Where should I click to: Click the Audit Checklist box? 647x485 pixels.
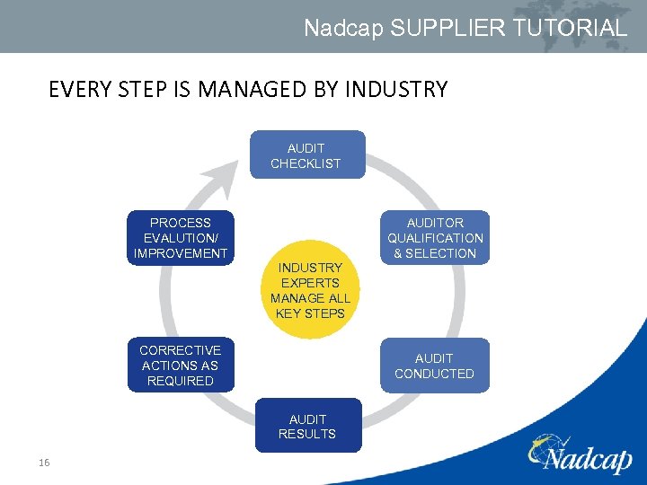pos(306,155)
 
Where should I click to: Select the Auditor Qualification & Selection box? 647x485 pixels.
pos(435,238)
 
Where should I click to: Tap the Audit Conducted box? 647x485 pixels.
pos(434,366)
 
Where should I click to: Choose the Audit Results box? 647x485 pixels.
pos(307,427)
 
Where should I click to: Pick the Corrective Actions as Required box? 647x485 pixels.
pos(181,366)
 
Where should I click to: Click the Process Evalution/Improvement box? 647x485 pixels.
pos(181,238)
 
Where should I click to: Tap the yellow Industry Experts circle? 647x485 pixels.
pos(310,290)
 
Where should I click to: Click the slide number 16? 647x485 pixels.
pos(43,463)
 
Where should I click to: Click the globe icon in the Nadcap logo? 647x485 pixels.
pos(548,446)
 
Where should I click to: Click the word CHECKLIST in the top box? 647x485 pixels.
pos(306,163)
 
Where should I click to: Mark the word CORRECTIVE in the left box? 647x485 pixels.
pos(181,350)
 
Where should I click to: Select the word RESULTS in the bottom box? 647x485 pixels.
pos(307,434)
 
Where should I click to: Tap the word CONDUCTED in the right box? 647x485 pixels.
pos(434,374)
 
